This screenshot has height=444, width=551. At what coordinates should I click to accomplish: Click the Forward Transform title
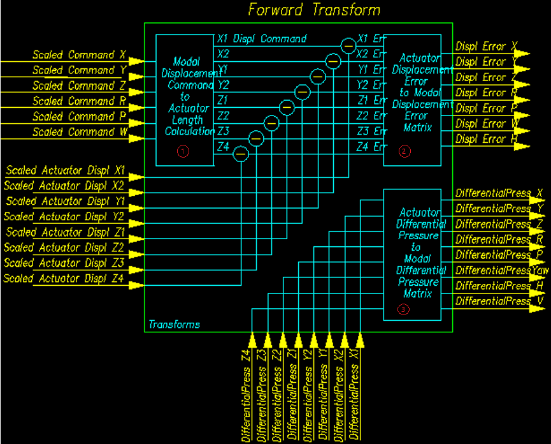[x=314, y=10]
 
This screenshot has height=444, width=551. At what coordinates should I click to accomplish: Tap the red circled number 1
[x=183, y=151]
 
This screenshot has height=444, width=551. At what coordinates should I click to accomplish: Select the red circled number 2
[x=404, y=151]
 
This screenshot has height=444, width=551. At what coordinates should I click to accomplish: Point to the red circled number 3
[x=403, y=310]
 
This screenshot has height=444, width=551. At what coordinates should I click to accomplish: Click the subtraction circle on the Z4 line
[x=241, y=154]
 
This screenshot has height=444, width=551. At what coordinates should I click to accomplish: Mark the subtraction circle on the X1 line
[x=348, y=46]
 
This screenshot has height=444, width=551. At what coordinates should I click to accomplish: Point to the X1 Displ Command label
[x=262, y=39]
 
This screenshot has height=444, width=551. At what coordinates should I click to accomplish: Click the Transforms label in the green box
[x=174, y=325]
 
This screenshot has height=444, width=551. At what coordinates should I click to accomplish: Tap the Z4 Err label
[x=371, y=147]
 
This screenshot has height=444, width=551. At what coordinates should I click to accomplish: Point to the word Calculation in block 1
[x=190, y=131]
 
